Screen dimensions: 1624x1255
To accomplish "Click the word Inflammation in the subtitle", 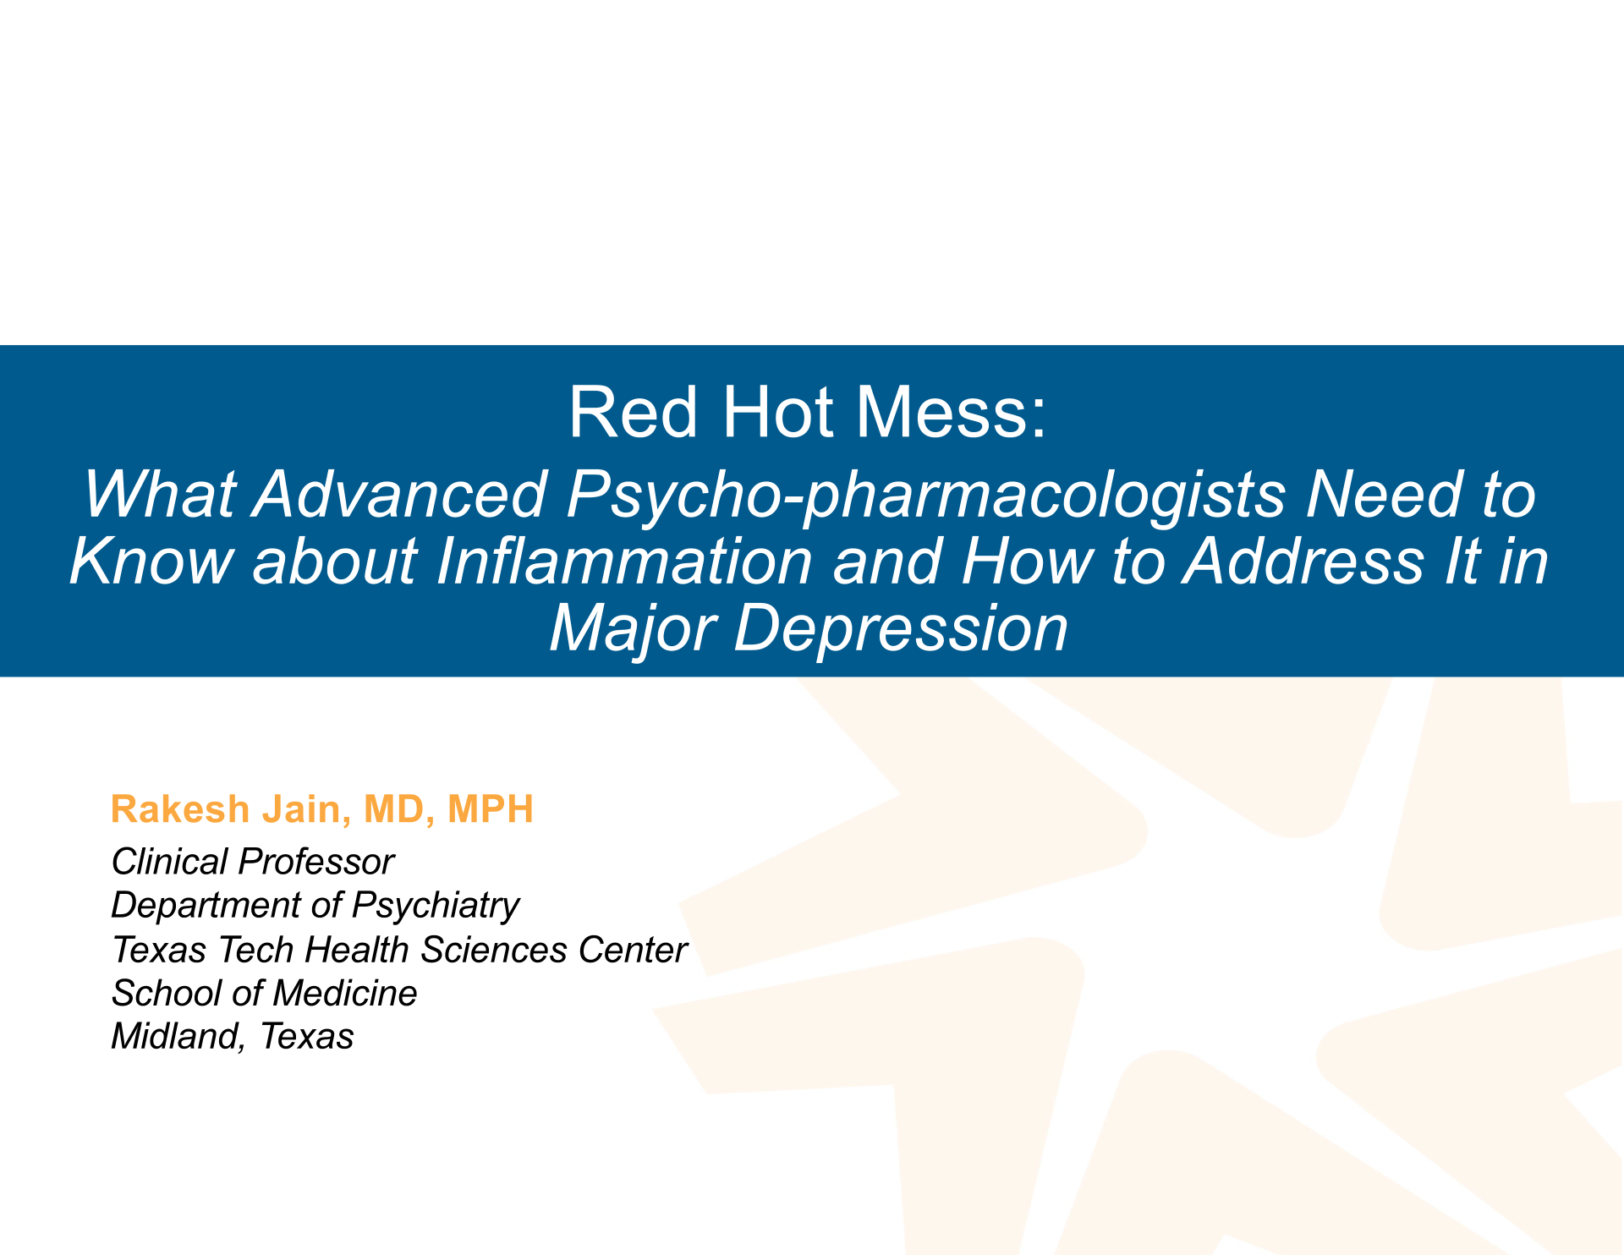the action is click(x=624, y=562).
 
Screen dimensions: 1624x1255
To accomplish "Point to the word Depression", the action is click(x=901, y=629).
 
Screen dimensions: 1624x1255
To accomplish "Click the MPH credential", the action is click(x=491, y=809).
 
